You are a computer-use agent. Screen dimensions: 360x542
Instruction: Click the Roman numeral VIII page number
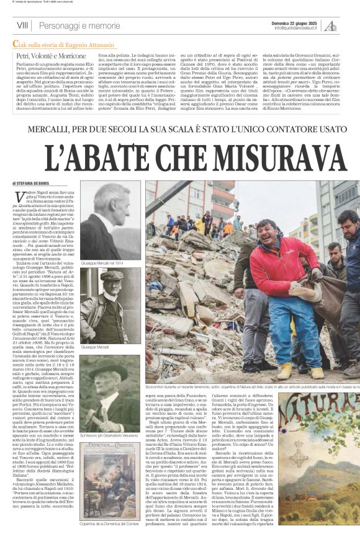tap(23, 25)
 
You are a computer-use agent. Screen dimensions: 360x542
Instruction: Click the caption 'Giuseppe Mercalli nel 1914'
tap(102, 264)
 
